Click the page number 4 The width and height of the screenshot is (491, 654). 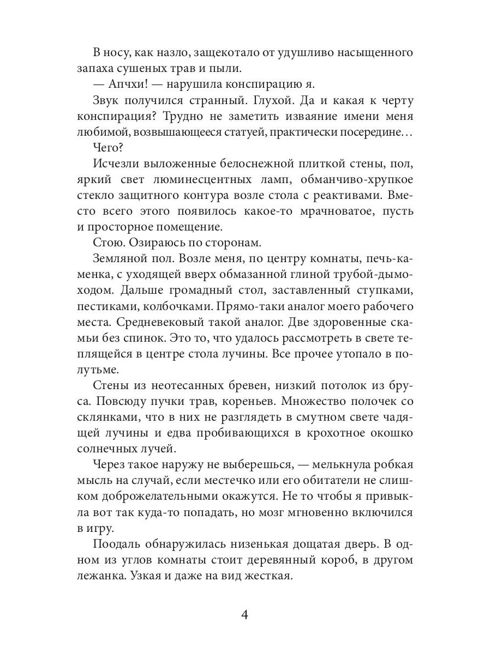[x=245, y=615]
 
